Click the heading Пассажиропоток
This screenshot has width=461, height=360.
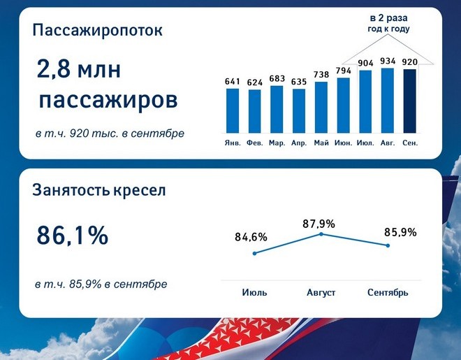pyautogui.click(x=97, y=30)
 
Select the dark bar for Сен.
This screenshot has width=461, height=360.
pyautogui.click(x=409, y=101)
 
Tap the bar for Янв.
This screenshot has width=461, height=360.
pyautogui.click(x=233, y=110)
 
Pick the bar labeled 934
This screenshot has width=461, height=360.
pyautogui.click(x=388, y=101)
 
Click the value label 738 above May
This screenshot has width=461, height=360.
pyautogui.click(x=321, y=75)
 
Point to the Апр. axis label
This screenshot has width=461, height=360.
pyautogui.click(x=299, y=143)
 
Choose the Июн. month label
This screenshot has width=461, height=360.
pyautogui.click(x=343, y=143)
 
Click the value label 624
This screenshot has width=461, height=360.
pyautogui.click(x=255, y=82)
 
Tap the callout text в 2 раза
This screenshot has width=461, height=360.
pyautogui.click(x=388, y=18)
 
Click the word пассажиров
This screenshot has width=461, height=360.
pyautogui.click(x=108, y=100)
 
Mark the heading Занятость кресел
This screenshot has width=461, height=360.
pyautogui.click(x=99, y=190)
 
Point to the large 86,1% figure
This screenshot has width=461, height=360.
pyautogui.click(x=73, y=236)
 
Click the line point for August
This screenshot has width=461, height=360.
pyautogui.click(x=321, y=234)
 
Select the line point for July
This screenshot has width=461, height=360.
pyautogui.click(x=255, y=253)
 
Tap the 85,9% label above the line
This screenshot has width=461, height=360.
pyautogui.click(x=400, y=232)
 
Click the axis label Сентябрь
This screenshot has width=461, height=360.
pyautogui.click(x=388, y=293)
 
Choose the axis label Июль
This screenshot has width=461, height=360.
pyautogui.click(x=255, y=293)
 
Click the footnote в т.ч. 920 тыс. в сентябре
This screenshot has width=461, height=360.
pyautogui.click(x=110, y=134)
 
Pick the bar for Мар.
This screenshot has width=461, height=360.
pyautogui.click(x=277, y=110)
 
